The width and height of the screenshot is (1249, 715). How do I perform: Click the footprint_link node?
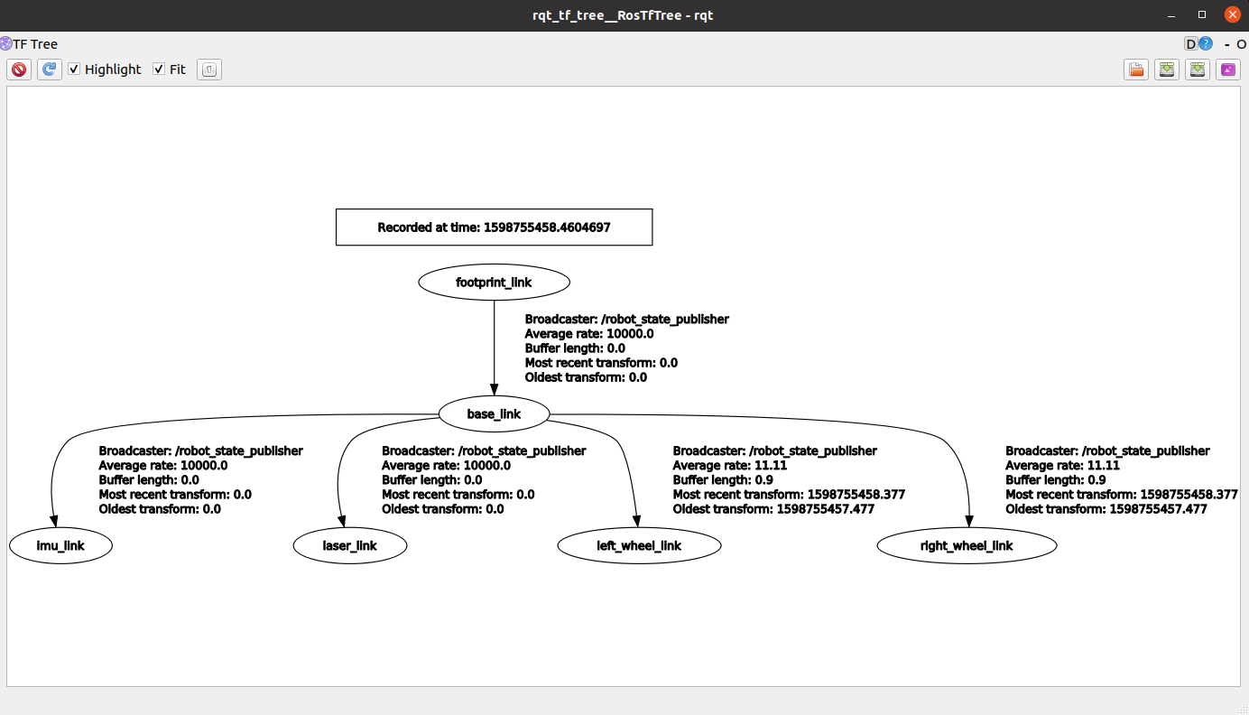tap(494, 283)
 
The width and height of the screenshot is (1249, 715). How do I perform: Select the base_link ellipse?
tap(494, 414)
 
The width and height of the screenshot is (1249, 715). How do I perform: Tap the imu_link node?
tap(60, 546)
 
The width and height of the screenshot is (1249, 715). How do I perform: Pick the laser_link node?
tap(350, 546)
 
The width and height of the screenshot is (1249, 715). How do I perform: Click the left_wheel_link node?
tap(639, 546)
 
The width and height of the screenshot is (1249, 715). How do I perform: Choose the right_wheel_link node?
tap(967, 546)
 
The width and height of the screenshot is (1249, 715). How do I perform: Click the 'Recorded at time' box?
tap(494, 227)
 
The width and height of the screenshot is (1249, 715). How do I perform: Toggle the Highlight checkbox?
tap(75, 70)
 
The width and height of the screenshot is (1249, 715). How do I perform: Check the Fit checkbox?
tap(159, 70)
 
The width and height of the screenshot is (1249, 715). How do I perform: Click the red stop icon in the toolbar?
tap(19, 70)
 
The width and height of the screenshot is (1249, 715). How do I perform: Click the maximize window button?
tap(1202, 15)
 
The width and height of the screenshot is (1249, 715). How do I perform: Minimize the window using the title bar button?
tap(1171, 15)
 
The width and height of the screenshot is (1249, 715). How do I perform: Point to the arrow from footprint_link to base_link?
tap(494, 343)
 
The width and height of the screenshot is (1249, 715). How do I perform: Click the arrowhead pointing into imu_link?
tap(53, 521)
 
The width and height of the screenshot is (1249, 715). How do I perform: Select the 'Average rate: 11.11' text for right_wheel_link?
tap(1062, 466)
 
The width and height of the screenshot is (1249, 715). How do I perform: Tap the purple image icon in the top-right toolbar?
tap(1227, 70)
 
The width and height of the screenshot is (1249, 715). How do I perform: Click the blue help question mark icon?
tap(1205, 44)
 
